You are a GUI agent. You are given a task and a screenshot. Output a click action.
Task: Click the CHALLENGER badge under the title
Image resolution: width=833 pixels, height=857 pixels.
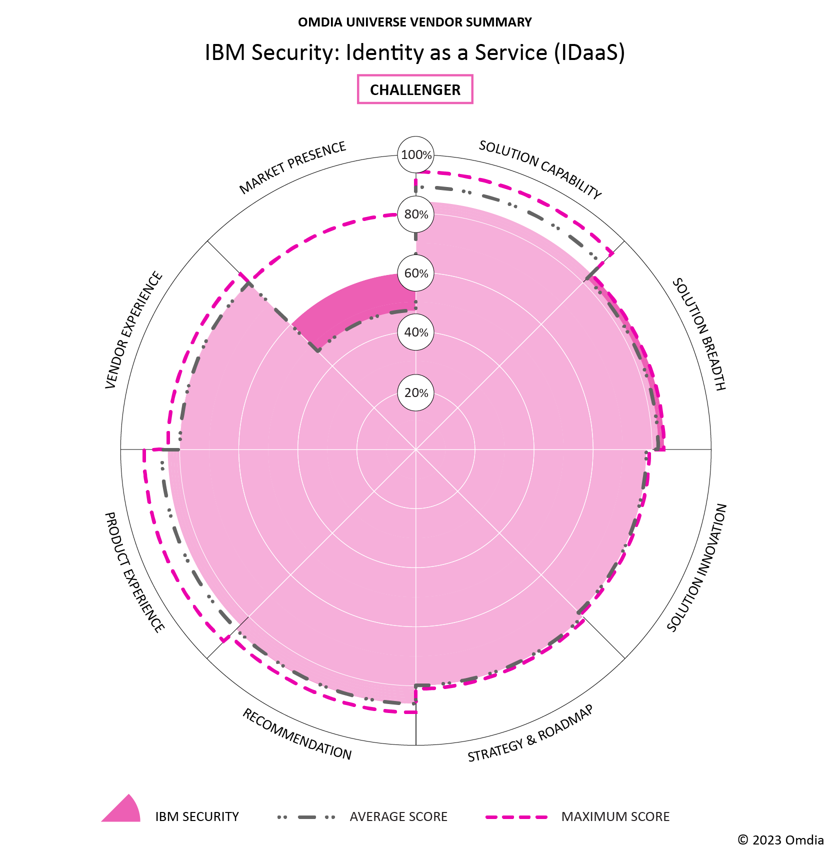(415, 89)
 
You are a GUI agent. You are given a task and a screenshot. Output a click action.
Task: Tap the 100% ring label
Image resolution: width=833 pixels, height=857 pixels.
(416, 155)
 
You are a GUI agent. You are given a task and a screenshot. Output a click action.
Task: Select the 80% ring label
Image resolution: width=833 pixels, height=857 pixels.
(416, 214)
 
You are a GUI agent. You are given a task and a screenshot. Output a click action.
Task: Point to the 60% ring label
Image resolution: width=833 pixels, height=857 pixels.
(416, 273)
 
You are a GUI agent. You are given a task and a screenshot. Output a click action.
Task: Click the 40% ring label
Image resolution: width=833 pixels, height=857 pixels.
(416, 332)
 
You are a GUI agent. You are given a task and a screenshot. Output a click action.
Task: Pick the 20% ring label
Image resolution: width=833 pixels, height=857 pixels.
(416, 393)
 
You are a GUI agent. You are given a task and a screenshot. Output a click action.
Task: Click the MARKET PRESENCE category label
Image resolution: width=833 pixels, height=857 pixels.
(292, 167)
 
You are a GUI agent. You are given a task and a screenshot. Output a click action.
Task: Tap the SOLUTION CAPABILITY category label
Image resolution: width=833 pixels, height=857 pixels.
(540, 169)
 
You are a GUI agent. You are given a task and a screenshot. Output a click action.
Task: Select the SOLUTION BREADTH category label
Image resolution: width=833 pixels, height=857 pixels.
(698, 334)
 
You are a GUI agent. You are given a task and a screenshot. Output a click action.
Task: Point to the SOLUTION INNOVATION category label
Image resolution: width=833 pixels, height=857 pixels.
(697, 567)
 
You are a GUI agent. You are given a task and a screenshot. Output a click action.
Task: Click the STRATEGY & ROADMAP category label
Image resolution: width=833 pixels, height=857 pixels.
(530, 733)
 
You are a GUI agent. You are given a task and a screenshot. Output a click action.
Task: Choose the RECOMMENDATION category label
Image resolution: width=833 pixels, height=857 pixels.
(297, 734)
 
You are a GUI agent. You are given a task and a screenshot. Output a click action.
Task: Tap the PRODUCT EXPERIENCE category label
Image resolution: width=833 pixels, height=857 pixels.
(134, 572)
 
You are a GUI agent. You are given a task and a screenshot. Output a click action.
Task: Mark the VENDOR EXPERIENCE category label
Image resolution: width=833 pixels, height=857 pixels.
(134, 330)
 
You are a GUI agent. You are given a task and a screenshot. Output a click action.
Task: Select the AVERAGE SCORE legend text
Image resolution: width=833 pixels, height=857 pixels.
(398, 817)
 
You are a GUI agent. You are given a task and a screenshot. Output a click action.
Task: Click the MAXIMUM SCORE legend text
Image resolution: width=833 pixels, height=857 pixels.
(615, 817)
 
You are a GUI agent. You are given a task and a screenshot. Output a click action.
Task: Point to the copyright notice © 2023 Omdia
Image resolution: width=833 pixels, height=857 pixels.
(780, 840)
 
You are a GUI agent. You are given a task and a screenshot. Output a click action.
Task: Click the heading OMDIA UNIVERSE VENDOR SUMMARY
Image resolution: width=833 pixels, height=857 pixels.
(415, 22)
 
